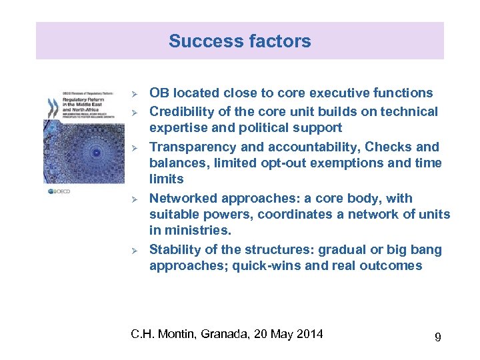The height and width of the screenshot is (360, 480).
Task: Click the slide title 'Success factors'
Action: [239, 41]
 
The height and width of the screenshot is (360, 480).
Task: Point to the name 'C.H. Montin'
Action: [161, 333]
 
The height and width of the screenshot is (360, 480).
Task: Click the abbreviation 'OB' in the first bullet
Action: [159, 93]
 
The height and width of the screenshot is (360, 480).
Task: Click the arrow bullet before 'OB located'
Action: [134, 93]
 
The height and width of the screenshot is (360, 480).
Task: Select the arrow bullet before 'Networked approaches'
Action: [134, 199]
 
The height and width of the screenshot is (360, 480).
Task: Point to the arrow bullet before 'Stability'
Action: [134, 250]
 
